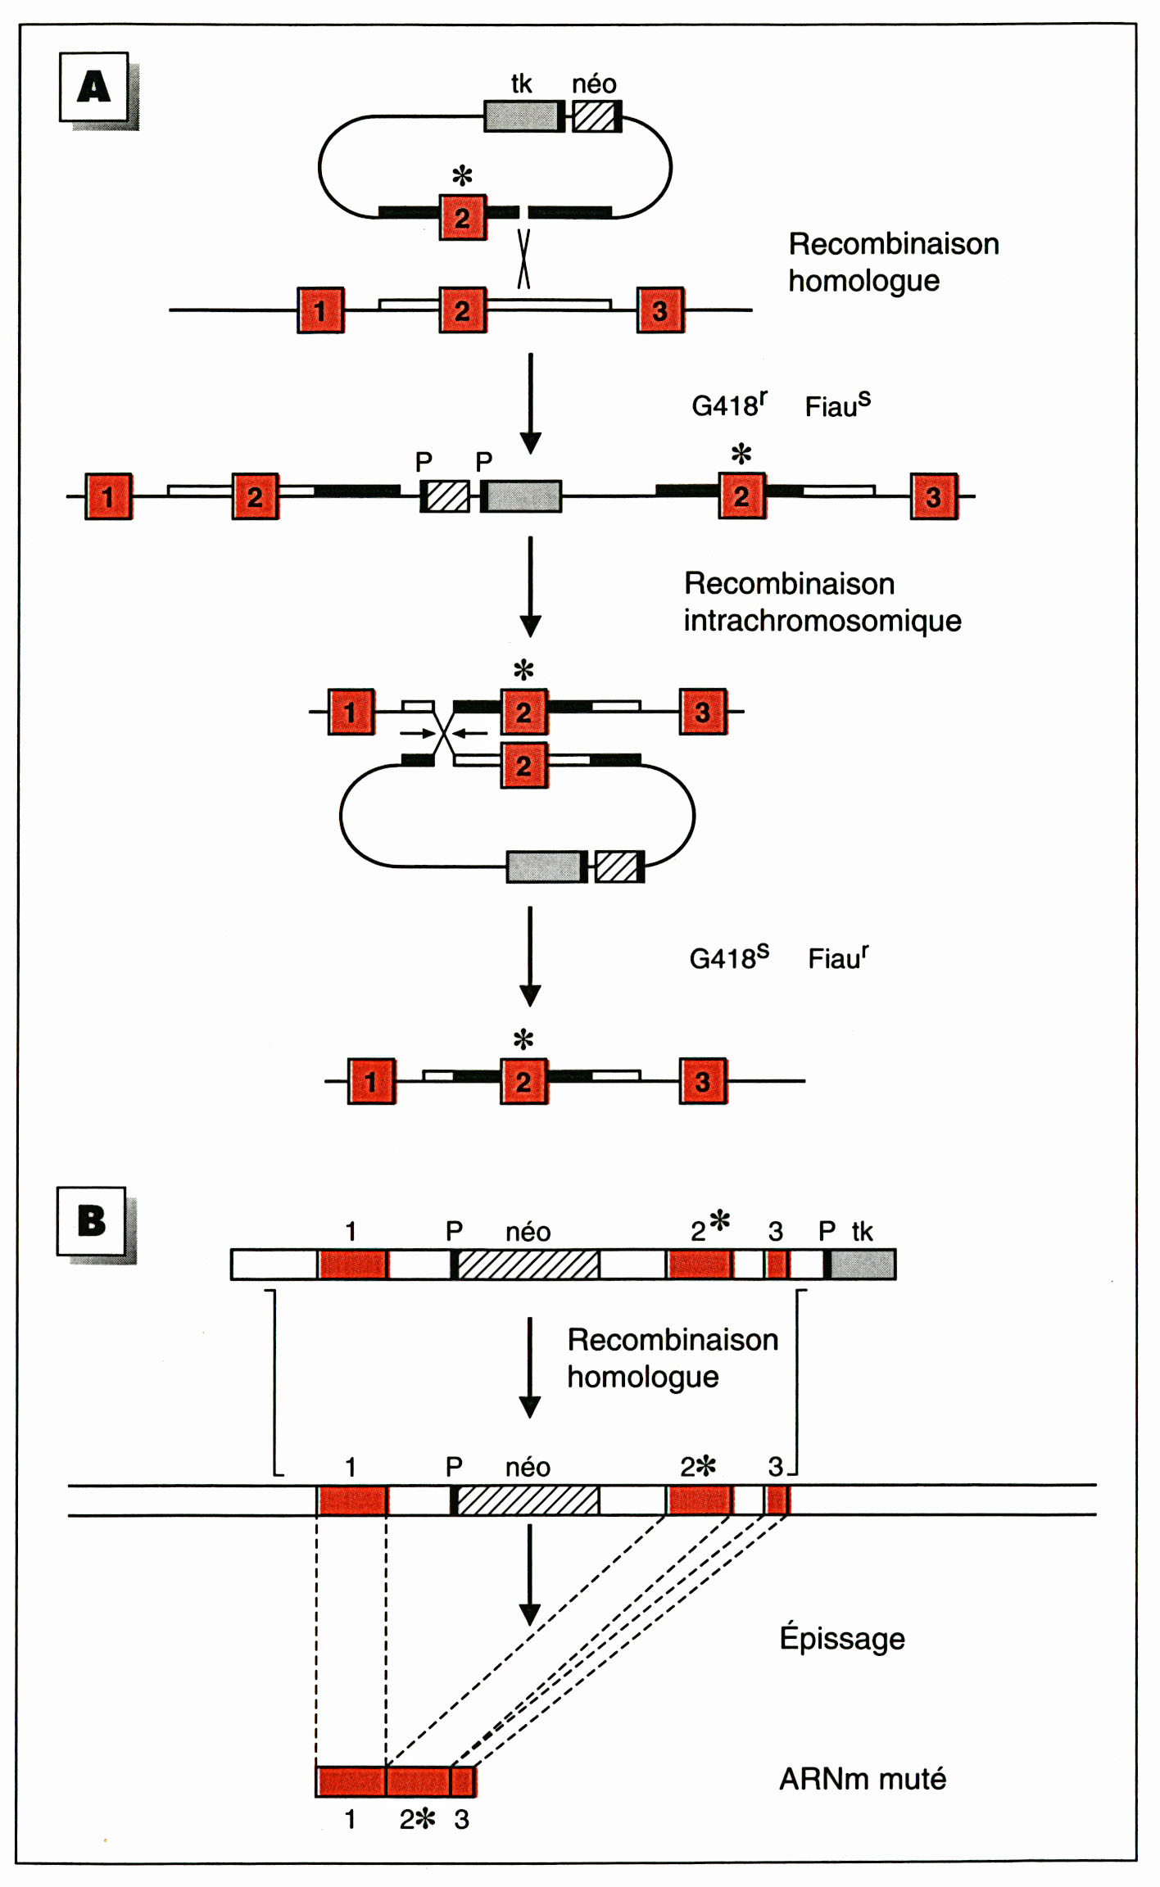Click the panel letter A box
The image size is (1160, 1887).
click(x=93, y=87)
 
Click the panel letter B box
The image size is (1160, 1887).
click(x=91, y=1220)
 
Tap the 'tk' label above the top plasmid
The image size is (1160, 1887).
click(x=521, y=84)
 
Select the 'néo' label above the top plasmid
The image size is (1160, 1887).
click(x=594, y=84)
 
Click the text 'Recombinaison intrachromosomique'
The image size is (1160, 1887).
click(x=822, y=602)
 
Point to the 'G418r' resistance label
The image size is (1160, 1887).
click(x=728, y=405)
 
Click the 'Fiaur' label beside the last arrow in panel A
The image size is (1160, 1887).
click(x=838, y=957)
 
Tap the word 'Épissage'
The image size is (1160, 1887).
click(x=841, y=1638)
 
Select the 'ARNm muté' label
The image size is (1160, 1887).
click(x=862, y=1779)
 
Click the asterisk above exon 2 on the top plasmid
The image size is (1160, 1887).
click(x=462, y=175)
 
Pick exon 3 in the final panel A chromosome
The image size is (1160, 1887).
click(x=702, y=1081)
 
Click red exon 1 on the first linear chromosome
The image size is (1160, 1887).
click(x=320, y=310)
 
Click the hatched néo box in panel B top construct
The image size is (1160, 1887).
click(x=528, y=1265)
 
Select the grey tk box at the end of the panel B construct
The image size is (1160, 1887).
click(x=862, y=1265)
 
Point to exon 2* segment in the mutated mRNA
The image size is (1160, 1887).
click(x=418, y=1781)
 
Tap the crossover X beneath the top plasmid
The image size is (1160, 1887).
click(x=523, y=259)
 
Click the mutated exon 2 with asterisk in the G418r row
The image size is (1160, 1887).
click(x=741, y=496)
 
